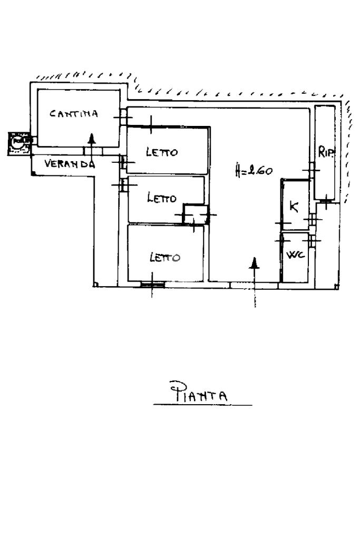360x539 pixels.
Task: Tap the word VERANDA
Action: click(x=70, y=163)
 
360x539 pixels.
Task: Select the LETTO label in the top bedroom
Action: click(x=162, y=153)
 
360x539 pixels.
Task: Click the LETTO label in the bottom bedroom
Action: click(x=165, y=258)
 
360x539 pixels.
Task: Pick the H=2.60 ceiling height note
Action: click(x=254, y=171)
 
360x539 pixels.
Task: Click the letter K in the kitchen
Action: click(x=294, y=207)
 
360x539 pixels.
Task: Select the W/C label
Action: click(x=295, y=256)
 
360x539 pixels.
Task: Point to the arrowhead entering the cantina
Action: click(x=92, y=139)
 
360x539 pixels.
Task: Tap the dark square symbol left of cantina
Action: click(x=18, y=143)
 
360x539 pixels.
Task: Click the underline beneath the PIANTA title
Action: click(x=203, y=405)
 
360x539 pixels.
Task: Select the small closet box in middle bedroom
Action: click(x=194, y=214)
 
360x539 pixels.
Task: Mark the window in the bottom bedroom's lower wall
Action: click(x=152, y=285)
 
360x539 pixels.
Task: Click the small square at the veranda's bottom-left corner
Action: click(x=33, y=172)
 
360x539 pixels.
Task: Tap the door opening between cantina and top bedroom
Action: click(x=123, y=116)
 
